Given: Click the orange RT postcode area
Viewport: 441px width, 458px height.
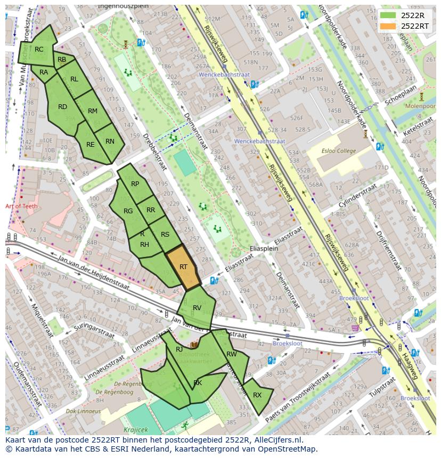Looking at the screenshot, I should point(183,267).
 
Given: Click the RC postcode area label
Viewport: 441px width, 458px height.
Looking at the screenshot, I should point(39,49).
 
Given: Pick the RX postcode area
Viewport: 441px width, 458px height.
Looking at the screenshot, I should point(257,395).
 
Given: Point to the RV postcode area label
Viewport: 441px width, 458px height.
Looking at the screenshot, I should point(197,308).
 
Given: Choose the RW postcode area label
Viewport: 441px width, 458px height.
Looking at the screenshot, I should point(232,354).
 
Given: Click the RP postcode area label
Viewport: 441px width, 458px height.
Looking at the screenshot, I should point(135,184).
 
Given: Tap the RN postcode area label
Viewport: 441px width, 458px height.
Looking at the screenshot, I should point(110,141).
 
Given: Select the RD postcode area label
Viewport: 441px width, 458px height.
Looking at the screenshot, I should point(62,107).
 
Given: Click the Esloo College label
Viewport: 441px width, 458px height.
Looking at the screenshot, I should point(339,151).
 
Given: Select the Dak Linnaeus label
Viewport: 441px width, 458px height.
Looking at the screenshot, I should point(83,411).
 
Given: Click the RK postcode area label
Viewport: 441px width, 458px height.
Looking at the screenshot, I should point(198,383).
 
